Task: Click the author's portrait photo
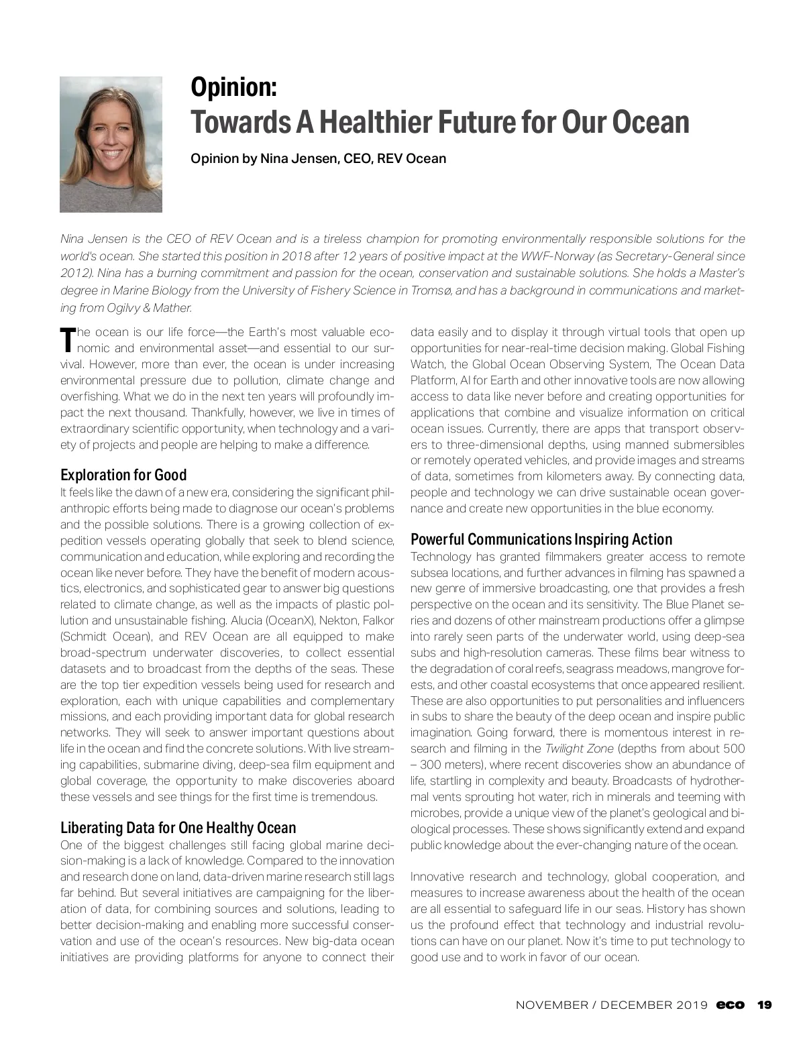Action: (x=111, y=144)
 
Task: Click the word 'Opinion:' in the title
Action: (x=233, y=87)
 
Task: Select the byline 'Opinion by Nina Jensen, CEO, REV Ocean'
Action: (x=318, y=159)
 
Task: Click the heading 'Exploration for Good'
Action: (x=123, y=475)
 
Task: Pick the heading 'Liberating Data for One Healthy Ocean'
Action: (x=178, y=827)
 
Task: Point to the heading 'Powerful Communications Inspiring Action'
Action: (x=541, y=539)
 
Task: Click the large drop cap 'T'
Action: (x=66, y=340)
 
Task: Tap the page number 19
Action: (x=764, y=1005)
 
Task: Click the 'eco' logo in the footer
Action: (x=730, y=1005)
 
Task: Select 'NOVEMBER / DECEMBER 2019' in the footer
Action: (x=611, y=1005)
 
